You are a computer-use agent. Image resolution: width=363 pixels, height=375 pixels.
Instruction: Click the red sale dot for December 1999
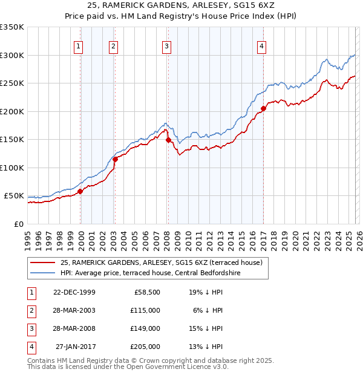(x=80, y=191)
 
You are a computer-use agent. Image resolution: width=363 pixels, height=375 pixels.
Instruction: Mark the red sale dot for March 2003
(x=115, y=159)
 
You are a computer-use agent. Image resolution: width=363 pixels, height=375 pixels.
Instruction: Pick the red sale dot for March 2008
(x=168, y=140)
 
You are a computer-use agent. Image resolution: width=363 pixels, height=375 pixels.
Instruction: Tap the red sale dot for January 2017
(x=263, y=109)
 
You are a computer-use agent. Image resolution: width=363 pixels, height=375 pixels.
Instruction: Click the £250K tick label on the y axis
(x=12, y=83)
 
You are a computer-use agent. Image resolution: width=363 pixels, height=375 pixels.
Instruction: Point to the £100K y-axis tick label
(x=12, y=168)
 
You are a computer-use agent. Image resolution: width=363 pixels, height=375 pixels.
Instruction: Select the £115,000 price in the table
(x=146, y=310)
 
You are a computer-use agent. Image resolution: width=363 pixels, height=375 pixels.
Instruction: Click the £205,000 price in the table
(x=146, y=347)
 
